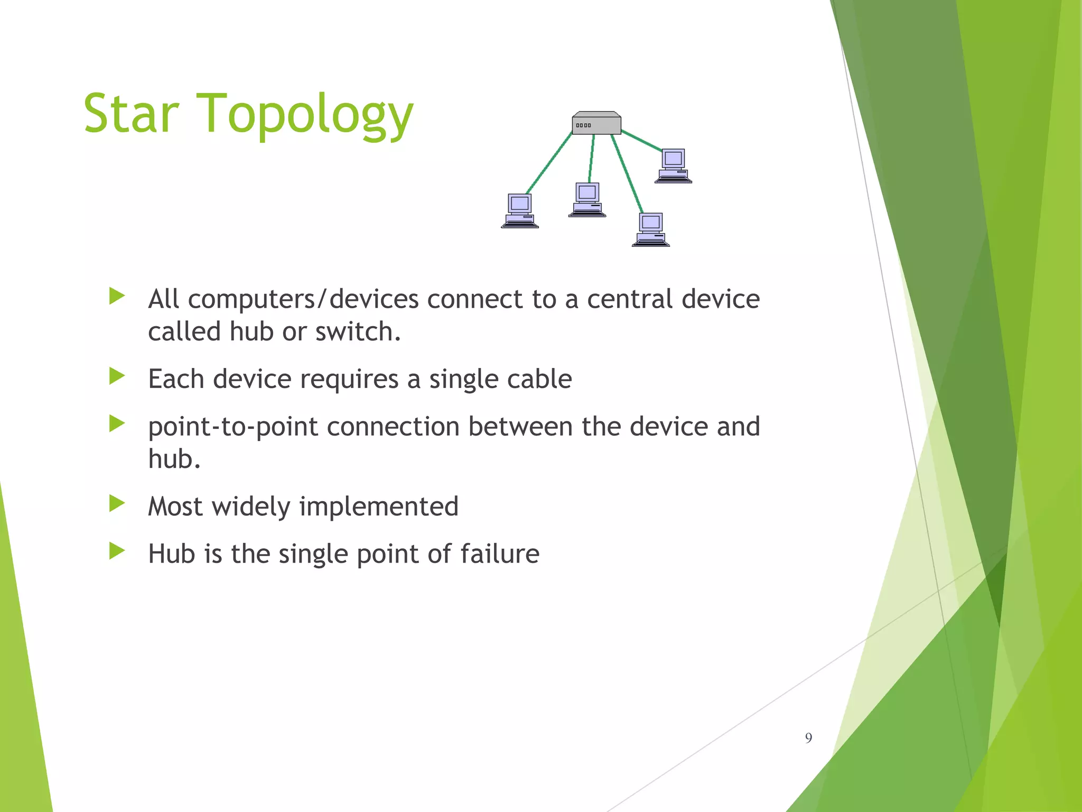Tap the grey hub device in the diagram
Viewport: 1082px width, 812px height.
[x=596, y=124]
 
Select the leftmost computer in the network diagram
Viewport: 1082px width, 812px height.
[x=520, y=211]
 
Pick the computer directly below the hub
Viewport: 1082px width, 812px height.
[x=587, y=200]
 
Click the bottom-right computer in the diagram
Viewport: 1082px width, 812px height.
[x=650, y=229]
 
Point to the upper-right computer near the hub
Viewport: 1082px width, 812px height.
[x=673, y=165]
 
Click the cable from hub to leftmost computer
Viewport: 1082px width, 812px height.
[x=549, y=163]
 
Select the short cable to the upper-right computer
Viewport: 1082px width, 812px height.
[x=641, y=141]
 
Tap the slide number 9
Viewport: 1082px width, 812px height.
[x=808, y=738]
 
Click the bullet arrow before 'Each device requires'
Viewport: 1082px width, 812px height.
[x=117, y=376]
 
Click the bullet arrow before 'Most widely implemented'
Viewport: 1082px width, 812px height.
[x=117, y=504]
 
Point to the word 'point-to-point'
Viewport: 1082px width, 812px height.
[x=233, y=427]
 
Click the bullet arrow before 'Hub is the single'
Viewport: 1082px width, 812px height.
[x=117, y=551]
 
